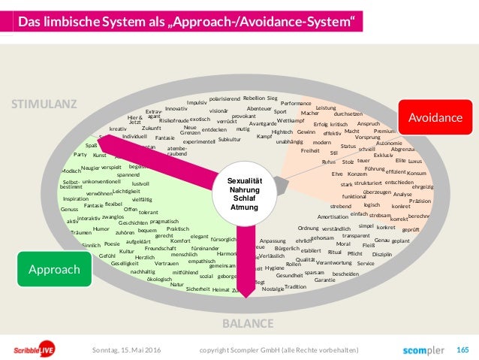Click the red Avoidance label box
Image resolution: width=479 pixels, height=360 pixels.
[435, 118]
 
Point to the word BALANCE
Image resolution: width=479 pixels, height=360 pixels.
[247, 303]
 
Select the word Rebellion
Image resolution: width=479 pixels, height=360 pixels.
[254, 98]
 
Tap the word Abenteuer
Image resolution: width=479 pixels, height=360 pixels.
[258, 108]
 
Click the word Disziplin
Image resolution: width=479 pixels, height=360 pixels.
[382, 254]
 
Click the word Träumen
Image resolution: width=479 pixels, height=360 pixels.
[80, 232]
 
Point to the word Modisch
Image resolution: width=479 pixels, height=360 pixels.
[71, 171]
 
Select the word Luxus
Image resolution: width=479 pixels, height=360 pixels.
[415, 161]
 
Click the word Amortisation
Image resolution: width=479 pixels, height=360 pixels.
[333, 216]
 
